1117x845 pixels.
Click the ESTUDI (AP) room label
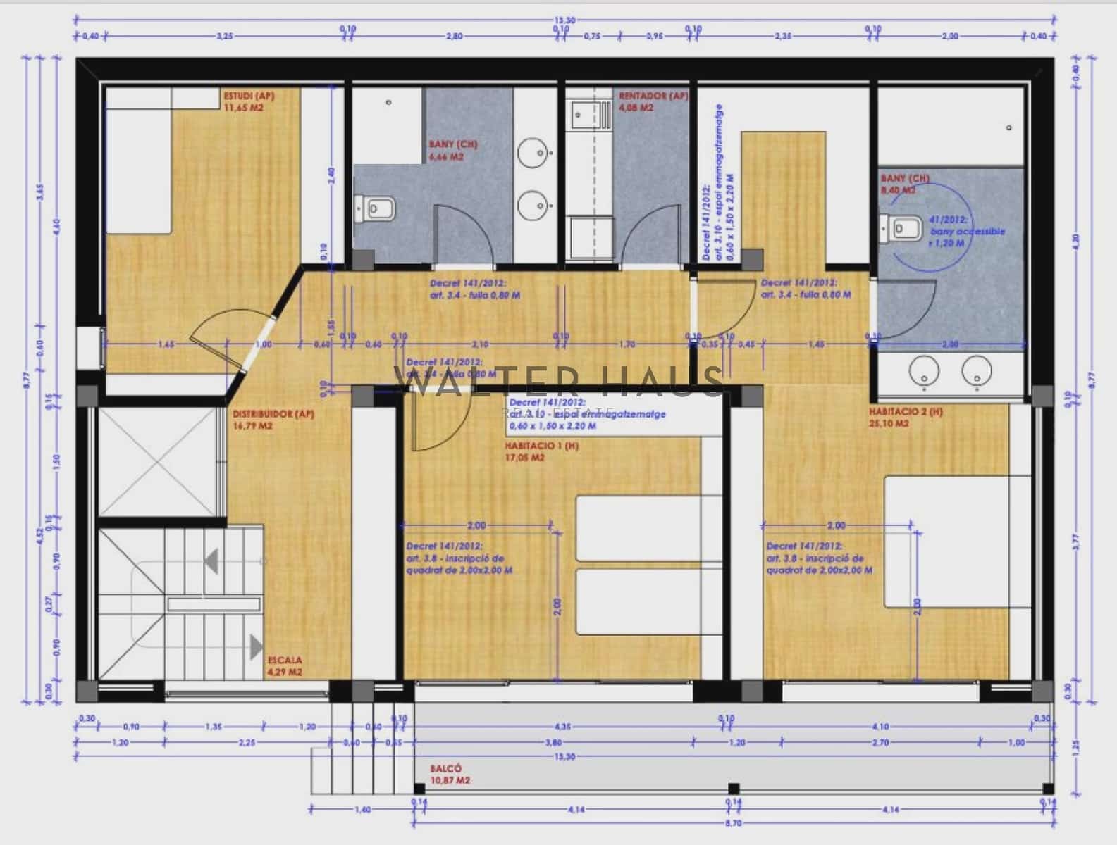(249, 96)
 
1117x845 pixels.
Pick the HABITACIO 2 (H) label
(906, 411)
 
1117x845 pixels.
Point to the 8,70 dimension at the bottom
(732, 822)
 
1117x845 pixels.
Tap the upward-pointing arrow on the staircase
(210, 561)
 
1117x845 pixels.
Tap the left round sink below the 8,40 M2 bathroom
(922, 371)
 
